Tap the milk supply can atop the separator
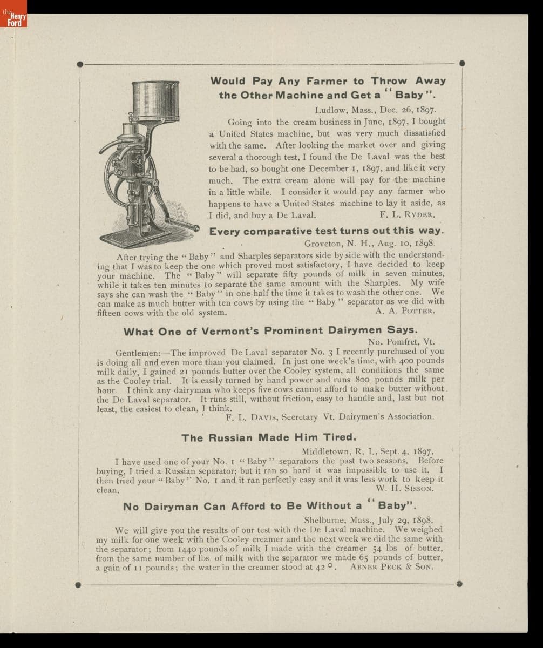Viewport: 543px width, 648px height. point(155,100)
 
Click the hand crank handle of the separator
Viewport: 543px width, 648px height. point(187,224)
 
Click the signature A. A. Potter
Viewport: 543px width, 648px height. point(405,311)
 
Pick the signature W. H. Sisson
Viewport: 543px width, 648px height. point(405,489)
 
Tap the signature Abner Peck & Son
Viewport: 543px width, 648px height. point(391,567)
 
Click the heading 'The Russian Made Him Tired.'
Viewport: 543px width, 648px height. point(269,437)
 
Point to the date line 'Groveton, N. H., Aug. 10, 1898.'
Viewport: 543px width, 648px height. point(369,244)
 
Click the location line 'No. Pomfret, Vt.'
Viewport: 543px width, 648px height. point(401,342)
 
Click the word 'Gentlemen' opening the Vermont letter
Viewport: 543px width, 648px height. point(135,352)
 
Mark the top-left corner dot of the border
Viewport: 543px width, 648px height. point(80,64)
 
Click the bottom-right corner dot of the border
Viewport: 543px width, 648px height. point(459,584)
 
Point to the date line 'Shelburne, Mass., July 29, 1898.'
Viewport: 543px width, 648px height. point(369,521)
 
